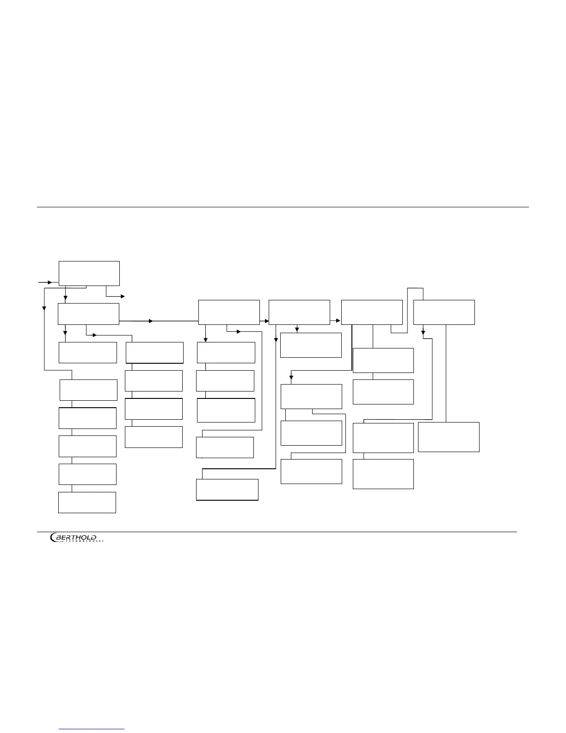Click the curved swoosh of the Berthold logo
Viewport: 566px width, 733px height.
53,538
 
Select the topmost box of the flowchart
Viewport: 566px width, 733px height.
89,273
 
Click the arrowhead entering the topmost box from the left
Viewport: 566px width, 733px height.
49,282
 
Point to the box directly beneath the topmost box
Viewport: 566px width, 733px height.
88,314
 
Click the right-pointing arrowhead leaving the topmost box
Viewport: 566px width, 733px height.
123,296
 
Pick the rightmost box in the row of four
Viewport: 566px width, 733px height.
444,312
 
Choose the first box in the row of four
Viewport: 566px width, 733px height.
229,312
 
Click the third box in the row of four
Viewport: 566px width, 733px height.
372,312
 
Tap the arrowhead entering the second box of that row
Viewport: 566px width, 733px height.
266,320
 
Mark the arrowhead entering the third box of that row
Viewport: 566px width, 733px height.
338,320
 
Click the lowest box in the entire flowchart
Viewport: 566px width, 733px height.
87,503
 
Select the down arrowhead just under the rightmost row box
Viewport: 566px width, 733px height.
423,332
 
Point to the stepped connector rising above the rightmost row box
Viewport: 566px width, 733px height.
415,288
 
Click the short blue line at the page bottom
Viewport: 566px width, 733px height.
92,729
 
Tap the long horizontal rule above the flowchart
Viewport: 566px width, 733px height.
283,207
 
